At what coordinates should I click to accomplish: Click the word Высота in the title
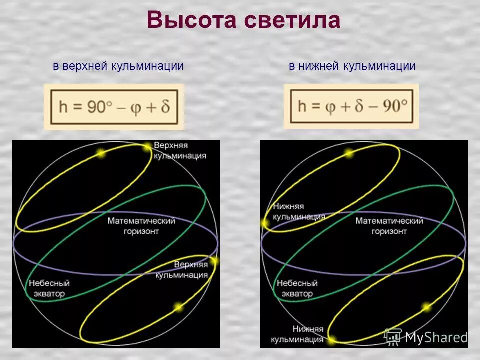point(191,20)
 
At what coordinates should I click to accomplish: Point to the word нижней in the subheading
point(320,66)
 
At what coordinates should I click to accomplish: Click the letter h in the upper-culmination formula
point(63,107)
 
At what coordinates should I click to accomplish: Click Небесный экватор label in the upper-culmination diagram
point(49,288)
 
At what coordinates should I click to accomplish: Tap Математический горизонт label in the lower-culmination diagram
point(389,226)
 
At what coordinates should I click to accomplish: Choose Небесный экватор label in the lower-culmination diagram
point(297,288)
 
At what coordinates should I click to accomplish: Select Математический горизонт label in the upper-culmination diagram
point(142,226)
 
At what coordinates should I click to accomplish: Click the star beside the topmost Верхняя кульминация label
point(147,147)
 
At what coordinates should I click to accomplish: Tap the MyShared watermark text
point(436,337)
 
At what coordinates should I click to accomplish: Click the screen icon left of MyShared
point(393,336)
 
